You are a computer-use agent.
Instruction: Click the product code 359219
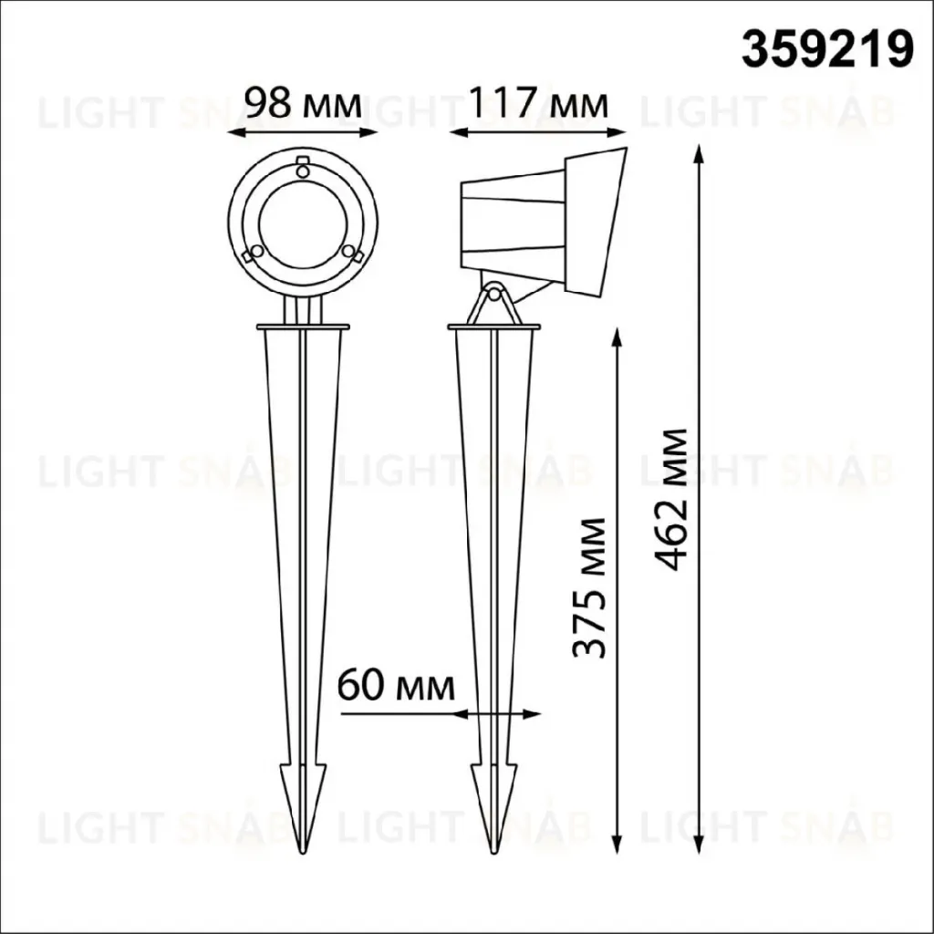[826, 51]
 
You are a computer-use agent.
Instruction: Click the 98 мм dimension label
[304, 104]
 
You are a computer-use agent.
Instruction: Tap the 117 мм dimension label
[538, 104]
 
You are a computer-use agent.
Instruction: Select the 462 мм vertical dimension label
[670, 499]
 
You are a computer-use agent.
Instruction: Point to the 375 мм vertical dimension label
[589, 587]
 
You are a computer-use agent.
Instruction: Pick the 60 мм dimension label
[396, 686]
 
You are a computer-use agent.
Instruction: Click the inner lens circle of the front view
[303, 223]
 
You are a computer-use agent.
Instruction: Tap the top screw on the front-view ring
[303, 171]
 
